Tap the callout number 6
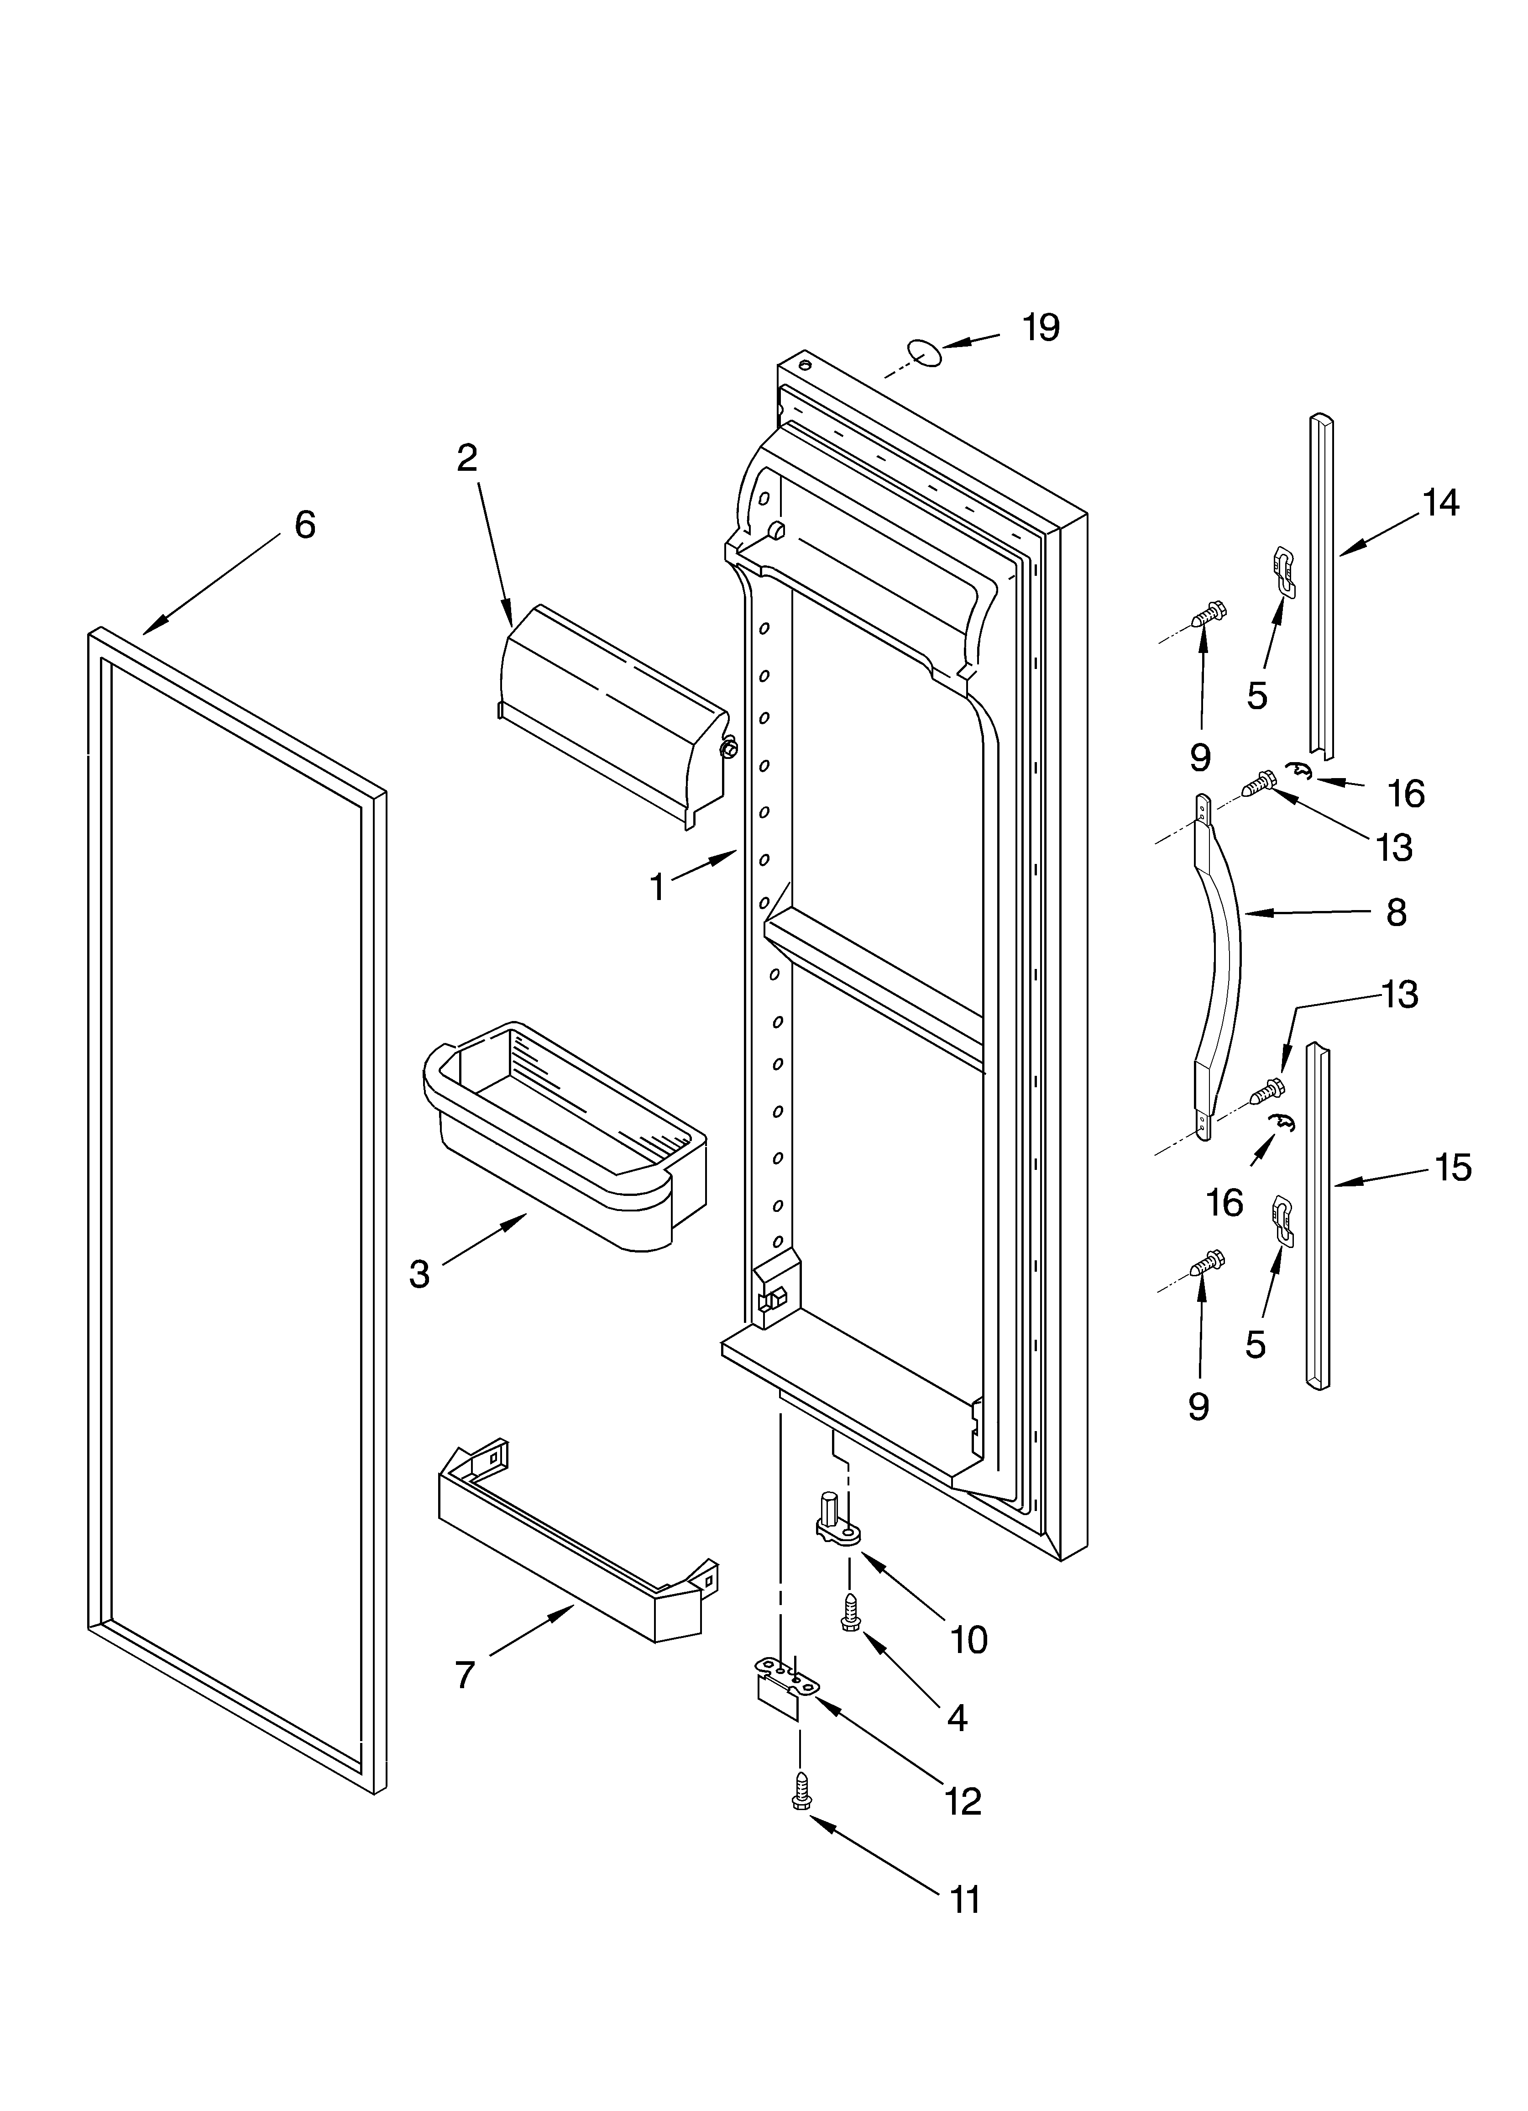click(304, 525)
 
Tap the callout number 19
click(1041, 328)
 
